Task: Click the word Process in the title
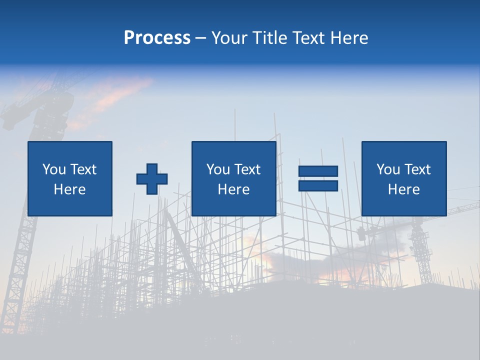click(x=157, y=38)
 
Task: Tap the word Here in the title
click(x=348, y=38)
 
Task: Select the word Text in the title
click(x=307, y=38)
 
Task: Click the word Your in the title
click(x=229, y=38)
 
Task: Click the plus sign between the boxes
click(x=152, y=179)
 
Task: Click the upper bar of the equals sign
click(x=318, y=171)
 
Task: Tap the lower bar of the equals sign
click(x=318, y=185)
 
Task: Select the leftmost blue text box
click(x=69, y=178)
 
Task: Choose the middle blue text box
click(x=233, y=178)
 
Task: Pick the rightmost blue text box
click(x=403, y=178)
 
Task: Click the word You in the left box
click(x=54, y=169)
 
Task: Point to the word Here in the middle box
click(x=233, y=189)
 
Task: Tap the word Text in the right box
click(x=416, y=169)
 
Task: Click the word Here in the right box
click(x=403, y=189)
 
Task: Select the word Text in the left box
click(x=82, y=169)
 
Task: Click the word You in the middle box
click(x=218, y=169)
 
